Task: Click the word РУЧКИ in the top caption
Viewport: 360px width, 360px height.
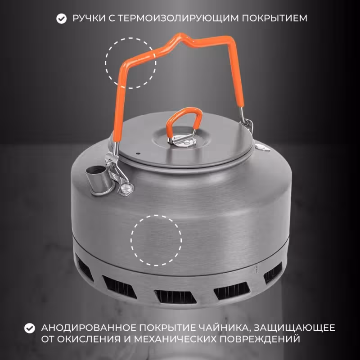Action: click(87, 18)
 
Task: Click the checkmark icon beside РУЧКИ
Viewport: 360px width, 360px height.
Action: click(60, 18)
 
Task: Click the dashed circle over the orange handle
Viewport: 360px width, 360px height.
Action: click(131, 63)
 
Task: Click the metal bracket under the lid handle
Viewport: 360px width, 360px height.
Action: click(184, 141)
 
